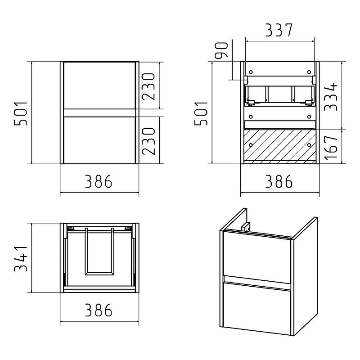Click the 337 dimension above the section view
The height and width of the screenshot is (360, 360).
279,30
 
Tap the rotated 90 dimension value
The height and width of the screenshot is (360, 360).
221,50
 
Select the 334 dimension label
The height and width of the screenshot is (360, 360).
331,97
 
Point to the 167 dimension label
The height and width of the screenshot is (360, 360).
331,147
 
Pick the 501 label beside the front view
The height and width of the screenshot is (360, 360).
20,113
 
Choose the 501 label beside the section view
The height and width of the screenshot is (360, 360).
201,113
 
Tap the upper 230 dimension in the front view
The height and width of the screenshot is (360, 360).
148,86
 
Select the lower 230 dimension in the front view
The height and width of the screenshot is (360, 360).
148,141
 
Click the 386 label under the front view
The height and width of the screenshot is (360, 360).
99,181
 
